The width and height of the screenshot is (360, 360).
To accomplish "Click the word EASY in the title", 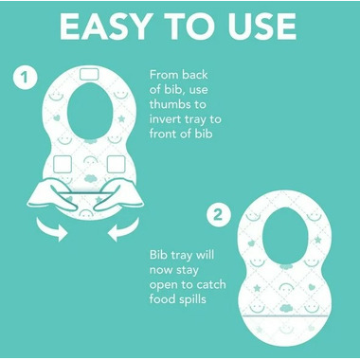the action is click(104, 27).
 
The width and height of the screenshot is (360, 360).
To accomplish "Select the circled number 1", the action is click(26, 77).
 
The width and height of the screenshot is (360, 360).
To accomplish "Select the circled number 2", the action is click(219, 215).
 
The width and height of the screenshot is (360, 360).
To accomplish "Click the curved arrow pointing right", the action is click(51, 229).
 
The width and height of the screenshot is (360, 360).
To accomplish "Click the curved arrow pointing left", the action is click(123, 229).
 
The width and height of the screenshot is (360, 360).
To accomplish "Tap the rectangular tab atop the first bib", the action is click(89, 74).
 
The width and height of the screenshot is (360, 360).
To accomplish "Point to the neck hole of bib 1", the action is click(89, 111).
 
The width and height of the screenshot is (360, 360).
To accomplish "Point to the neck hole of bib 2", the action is click(285, 236).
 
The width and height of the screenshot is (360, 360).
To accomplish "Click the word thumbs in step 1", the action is click(177, 104).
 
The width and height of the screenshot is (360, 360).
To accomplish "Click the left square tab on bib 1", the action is click(63, 164).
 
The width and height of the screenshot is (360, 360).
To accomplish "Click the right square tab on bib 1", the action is click(116, 164).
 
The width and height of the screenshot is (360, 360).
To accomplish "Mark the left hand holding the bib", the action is click(52, 195).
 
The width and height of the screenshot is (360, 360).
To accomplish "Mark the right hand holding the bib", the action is click(119, 195).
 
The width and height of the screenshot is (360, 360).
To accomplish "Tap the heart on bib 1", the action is click(57, 118).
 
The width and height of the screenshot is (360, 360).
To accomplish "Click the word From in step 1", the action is click(164, 75).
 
